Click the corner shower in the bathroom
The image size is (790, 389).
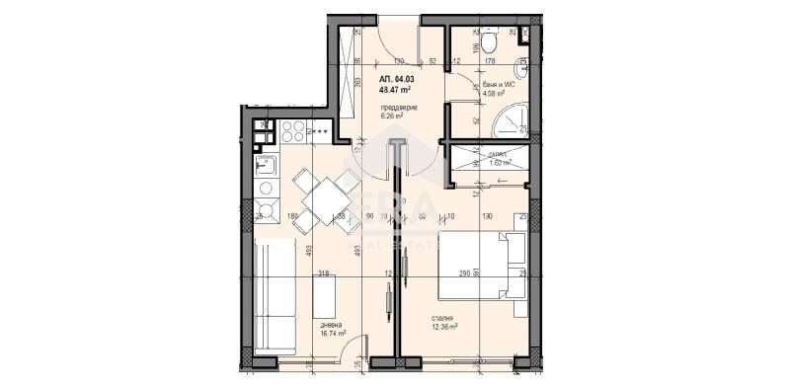click(x=514, y=118)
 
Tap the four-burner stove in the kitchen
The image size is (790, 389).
click(x=293, y=129)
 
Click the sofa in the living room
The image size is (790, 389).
click(x=274, y=293)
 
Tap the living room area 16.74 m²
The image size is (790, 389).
click(x=333, y=333)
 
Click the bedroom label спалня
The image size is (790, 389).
click(x=441, y=317)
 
